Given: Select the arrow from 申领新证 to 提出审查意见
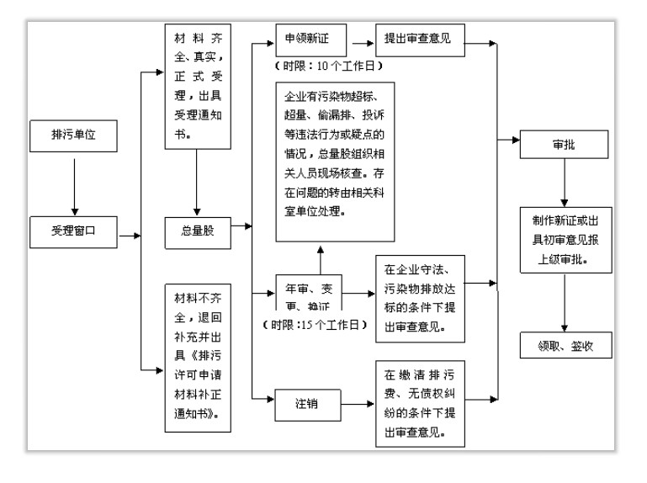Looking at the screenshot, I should (364, 39).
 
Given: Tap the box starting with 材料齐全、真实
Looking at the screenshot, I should (197, 87).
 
